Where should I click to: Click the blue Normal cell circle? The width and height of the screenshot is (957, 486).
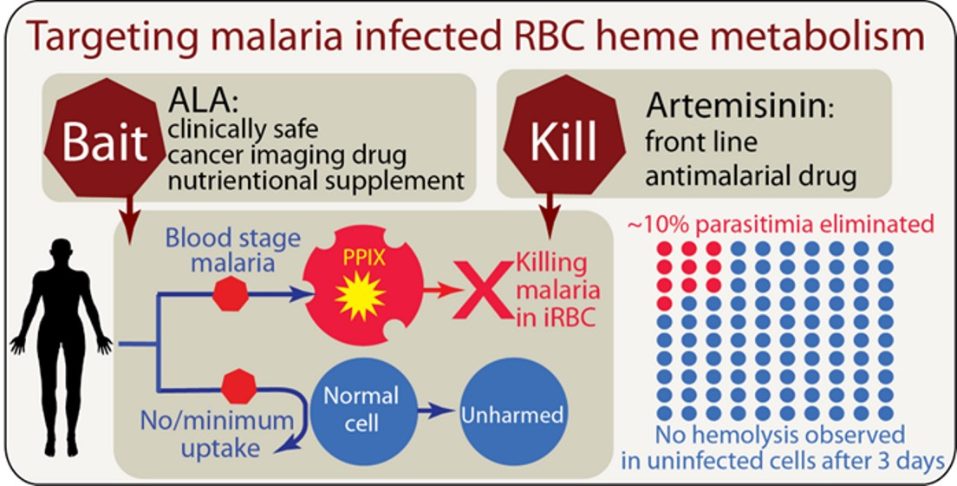click(360, 409)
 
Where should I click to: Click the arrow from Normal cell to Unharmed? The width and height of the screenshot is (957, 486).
click(438, 412)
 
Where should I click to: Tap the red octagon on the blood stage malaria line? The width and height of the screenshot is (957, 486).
click(231, 295)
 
